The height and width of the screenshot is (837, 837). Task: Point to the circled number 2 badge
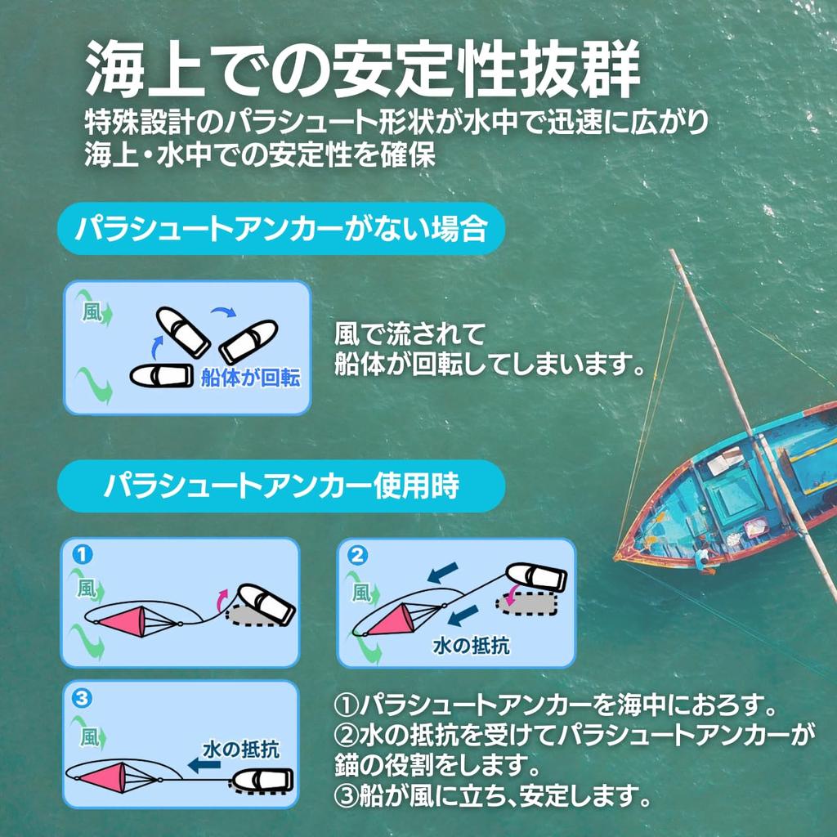[x=356, y=555]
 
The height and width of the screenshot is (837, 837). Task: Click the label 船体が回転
[x=250, y=378]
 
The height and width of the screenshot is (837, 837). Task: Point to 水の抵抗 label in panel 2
[x=471, y=645]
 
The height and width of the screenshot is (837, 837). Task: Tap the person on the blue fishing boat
[x=700, y=560]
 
